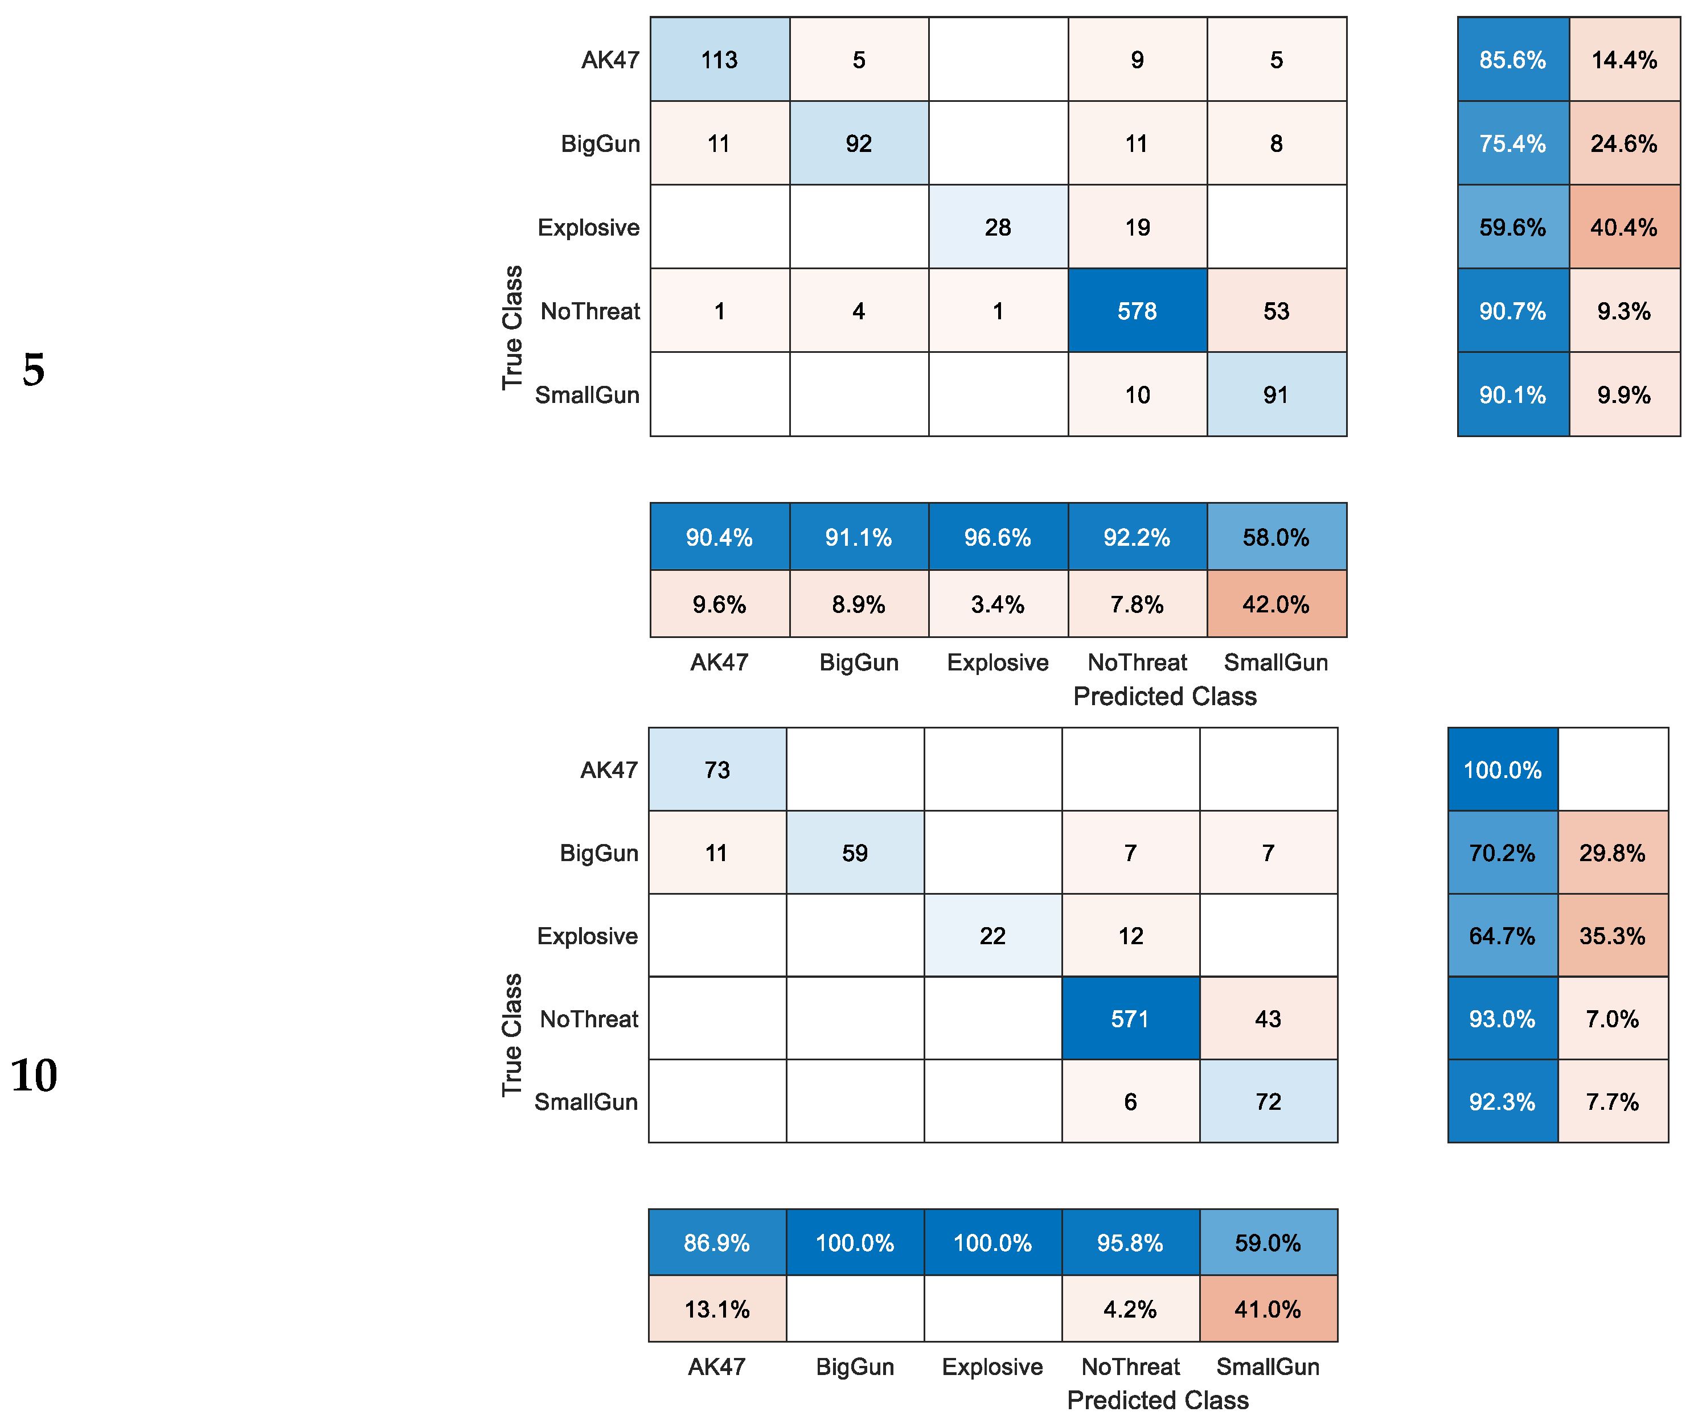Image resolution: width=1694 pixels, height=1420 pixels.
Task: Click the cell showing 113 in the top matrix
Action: [719, 60]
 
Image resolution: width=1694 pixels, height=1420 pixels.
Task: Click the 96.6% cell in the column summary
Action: [997, 537]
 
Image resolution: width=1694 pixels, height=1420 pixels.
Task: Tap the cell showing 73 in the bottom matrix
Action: [716, 769]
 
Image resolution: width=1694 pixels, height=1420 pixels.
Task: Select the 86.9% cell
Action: [716, 1242]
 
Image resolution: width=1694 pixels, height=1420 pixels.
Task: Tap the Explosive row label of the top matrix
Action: [588, 228]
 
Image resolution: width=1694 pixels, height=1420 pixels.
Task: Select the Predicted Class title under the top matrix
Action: [1164, 696]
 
